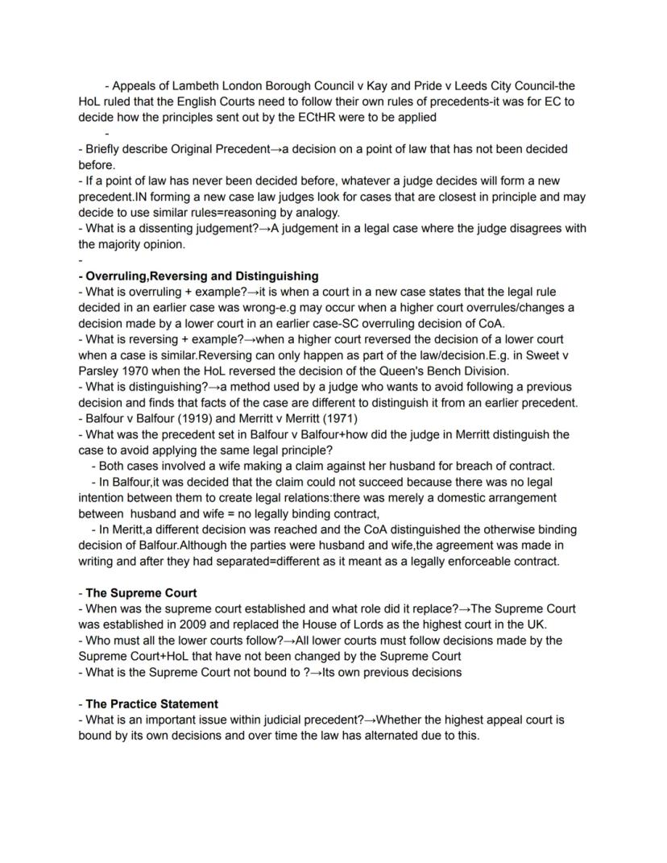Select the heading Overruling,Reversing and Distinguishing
(x=202, y=276)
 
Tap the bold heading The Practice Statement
(x=151, y=703)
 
